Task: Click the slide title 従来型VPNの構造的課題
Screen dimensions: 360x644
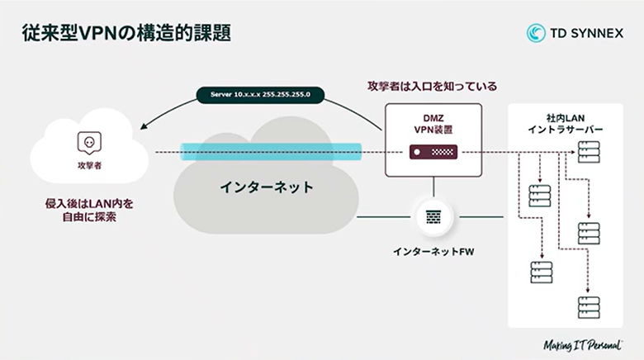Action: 125,32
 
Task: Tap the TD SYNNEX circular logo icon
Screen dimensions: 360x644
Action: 536,32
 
